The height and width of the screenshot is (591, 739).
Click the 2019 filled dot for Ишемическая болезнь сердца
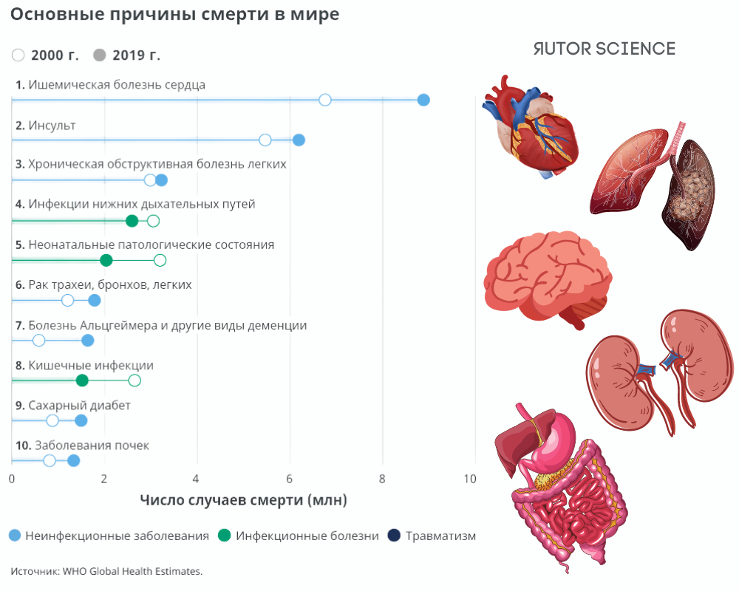[423, 100]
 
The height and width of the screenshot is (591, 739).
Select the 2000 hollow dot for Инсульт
[265, 140]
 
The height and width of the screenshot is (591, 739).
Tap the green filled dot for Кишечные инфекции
[82, 380]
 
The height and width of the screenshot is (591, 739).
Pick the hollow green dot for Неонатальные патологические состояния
[160, 260]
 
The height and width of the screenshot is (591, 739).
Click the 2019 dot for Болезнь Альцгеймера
[88, 341]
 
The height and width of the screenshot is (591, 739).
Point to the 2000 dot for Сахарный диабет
[52, 420]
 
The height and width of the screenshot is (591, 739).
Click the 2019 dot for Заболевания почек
[73, 461]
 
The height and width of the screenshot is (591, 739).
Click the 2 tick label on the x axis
[104, 479]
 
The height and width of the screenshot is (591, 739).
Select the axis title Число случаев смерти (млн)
[243, 500]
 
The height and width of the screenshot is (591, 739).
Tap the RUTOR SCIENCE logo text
[604, 49]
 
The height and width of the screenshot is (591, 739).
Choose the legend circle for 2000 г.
[18, 55]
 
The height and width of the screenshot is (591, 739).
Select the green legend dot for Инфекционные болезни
[224, 536]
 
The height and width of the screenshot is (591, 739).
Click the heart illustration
[528, 126]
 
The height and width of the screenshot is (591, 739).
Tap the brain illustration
[547, 277]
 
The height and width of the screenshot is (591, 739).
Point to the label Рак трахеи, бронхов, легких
[109, 284]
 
